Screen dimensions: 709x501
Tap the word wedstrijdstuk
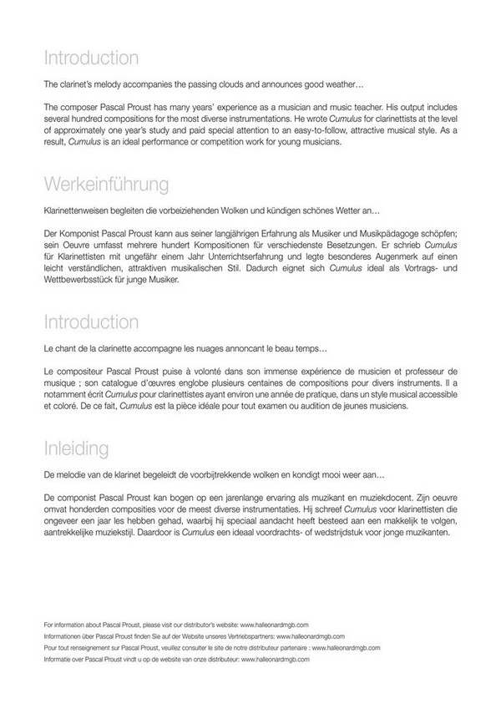(335, 532)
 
